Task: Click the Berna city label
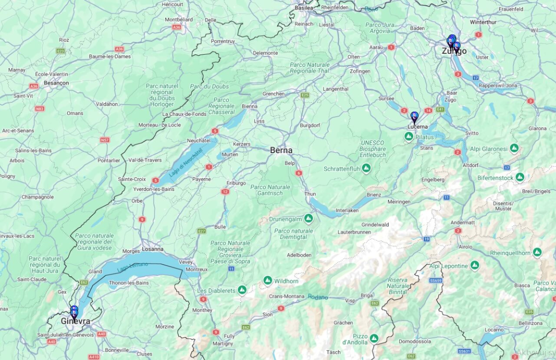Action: point(281,151)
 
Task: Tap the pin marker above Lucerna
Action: point(414,116)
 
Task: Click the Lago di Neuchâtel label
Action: point(186,161)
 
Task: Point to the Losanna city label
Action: point(152,249)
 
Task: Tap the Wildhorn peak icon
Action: point(268,281)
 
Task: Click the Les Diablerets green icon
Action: point(242,290)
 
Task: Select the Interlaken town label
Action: point(347,210)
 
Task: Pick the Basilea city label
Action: point(304,8)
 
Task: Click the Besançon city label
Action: point(56,82)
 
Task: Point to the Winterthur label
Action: point(483,22)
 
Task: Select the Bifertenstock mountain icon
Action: point(520,177)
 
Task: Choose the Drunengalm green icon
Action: point(309,219)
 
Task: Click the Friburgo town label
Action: point(236,183)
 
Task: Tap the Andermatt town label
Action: point(463,223)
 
